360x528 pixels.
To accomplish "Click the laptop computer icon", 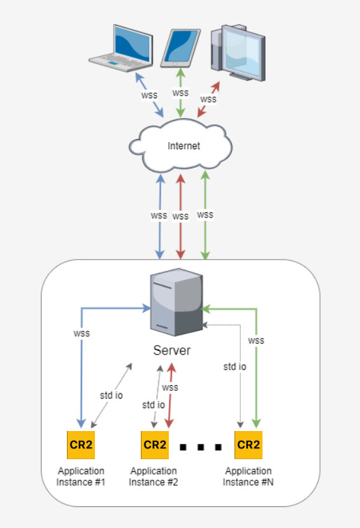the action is tap(121, 48).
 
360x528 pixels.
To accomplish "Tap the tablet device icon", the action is tap(180, 48).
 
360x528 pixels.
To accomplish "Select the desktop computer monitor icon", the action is tap(238, 52).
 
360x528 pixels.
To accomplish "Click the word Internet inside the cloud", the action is tap(184, 146).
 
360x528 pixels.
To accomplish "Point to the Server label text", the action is tap(172, 351).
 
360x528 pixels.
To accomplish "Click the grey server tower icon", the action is tap(176, 302).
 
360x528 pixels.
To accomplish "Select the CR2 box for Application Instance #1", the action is tap(81, 445).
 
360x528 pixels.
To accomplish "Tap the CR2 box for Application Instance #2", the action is tap(155, 445).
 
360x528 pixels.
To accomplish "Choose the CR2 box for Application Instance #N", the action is tap(248, 445).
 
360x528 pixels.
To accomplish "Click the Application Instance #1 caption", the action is tap(81, 476).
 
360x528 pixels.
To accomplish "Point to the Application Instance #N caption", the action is tap(248, 476).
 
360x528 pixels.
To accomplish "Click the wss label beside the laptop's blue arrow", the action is tap(149, 96).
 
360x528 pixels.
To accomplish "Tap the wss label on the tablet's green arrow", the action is tap(180, 93).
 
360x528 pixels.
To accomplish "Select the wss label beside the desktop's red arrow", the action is tap(208, 99).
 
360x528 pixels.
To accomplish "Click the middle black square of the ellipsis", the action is tap(201, 447).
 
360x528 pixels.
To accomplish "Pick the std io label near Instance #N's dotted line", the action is tap(235, 367).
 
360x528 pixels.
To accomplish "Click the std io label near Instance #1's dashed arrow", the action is tap(112, 395).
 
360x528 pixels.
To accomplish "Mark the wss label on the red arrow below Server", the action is tap(170, 388).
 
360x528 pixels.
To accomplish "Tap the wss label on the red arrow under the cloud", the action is tap(180, 217).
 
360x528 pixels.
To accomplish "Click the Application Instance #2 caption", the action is tap(154, 476).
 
